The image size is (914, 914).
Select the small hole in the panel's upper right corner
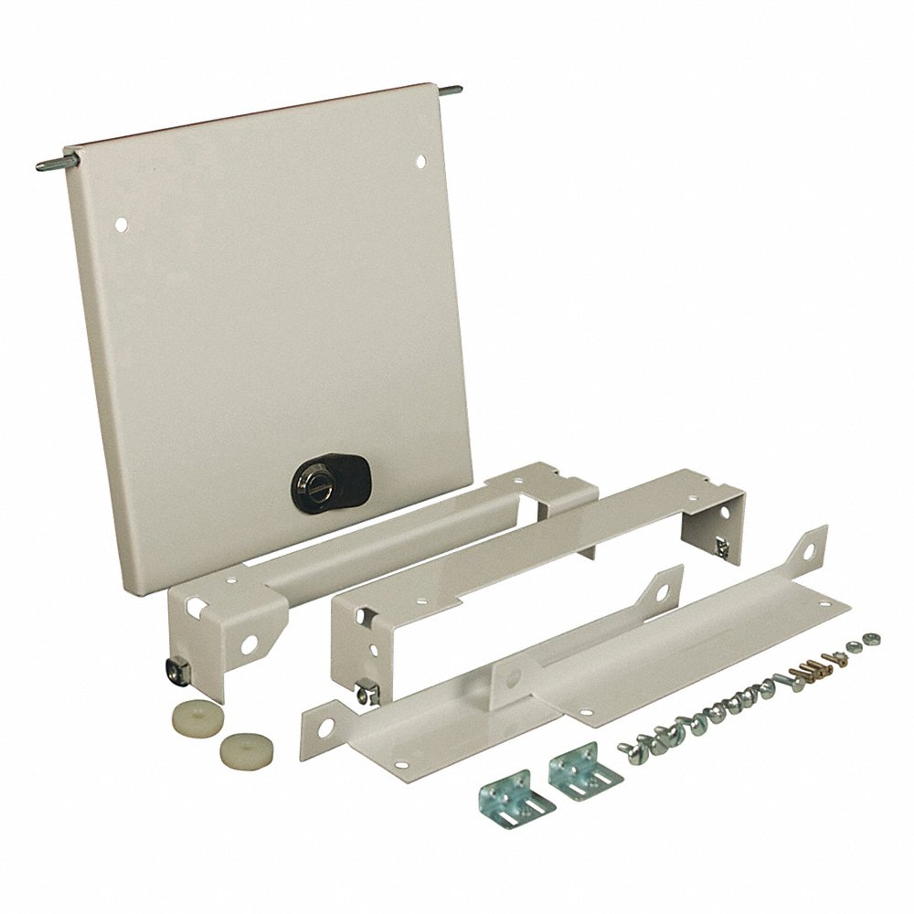tap(421, 161)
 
